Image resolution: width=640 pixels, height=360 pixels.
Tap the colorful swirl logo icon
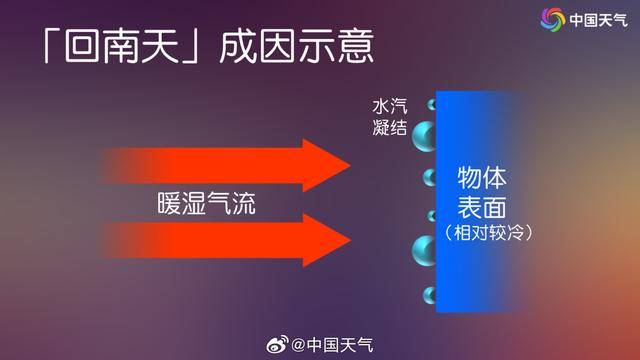coord(553,19)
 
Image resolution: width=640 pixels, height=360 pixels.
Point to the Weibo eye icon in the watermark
coord(276,345)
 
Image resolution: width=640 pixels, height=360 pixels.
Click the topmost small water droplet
coord(433,104)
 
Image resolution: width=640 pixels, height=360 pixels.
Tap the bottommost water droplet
coord(431,295)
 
